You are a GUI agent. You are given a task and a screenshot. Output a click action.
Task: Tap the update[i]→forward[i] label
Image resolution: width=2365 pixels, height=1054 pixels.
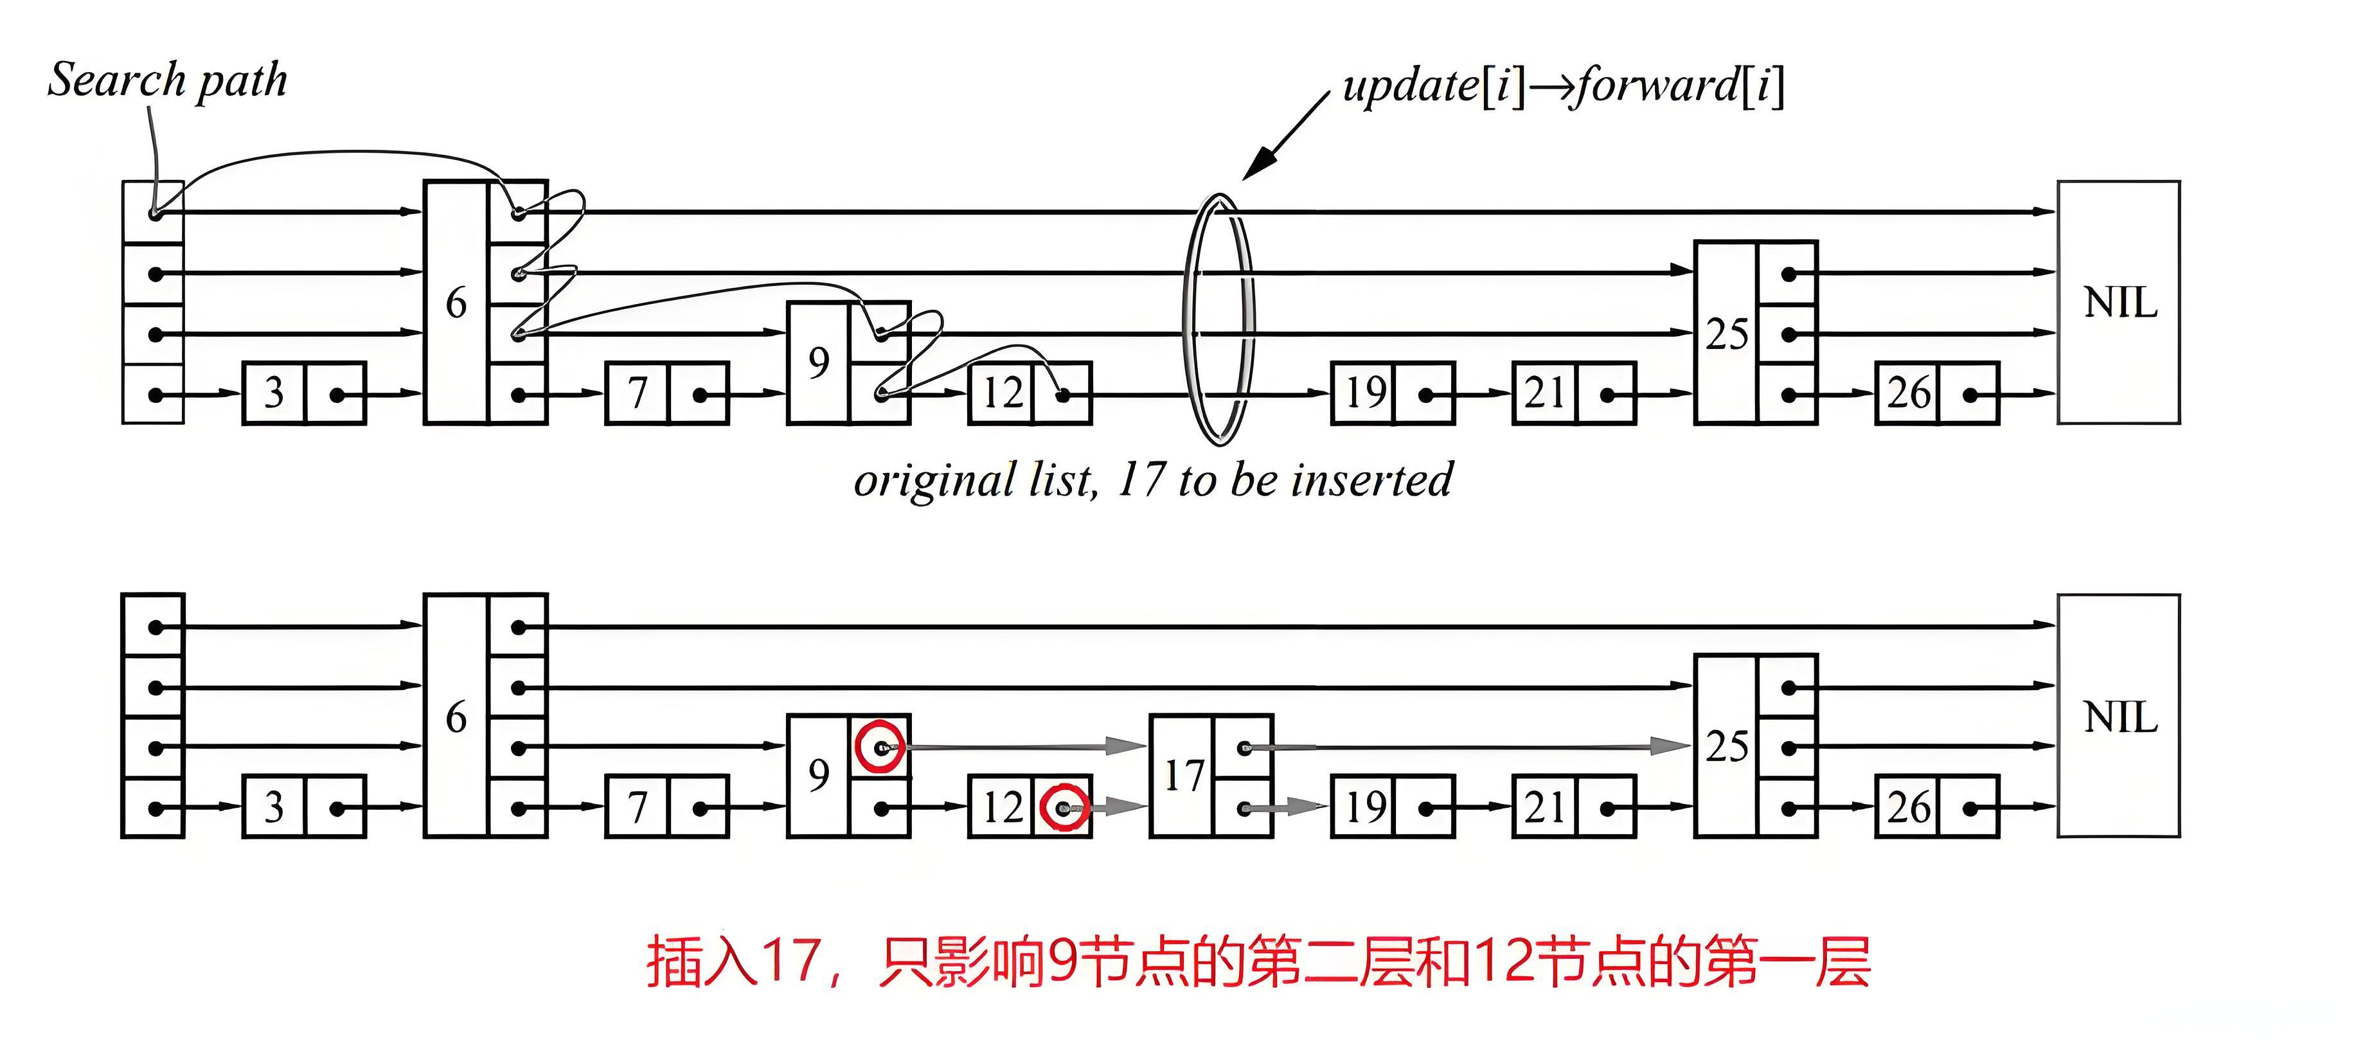pyautogui.click(x=1564, y=86)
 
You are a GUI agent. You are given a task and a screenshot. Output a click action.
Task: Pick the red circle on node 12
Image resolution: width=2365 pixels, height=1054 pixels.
pyautogui.click(x=1065, y=808)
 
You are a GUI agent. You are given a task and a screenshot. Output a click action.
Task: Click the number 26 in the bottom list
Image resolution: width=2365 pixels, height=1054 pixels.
pyautogui.click(x=1909, y=808)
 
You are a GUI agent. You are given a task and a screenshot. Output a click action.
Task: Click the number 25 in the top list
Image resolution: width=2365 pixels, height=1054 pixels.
pyautogui.click(x=1726, y=334)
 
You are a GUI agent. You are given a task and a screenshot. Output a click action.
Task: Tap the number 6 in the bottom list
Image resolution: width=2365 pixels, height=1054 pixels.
pyautogui.click(x=456, y=717)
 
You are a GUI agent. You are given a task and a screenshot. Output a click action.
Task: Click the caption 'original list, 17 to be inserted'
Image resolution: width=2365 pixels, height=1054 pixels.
pyautogui.click(x=1152, y=480)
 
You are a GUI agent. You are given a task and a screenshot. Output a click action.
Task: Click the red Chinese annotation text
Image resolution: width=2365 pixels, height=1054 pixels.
pyautogui.click(x=1258, y=962)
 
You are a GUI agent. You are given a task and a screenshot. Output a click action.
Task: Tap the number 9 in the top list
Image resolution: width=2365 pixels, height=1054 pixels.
pyautogui.click(x=818, y=362)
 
